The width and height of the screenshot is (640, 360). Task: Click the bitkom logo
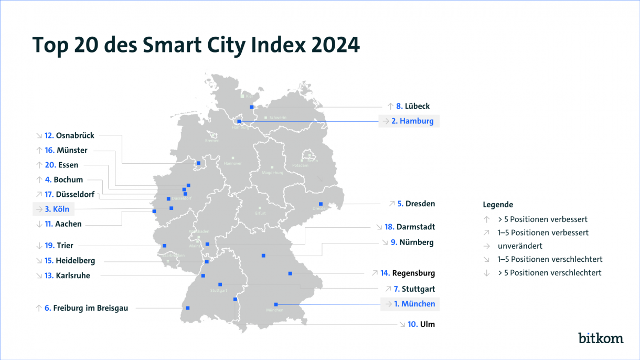[601, 338]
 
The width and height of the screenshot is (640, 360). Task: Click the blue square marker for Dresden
[321, 204]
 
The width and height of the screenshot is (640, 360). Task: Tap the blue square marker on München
[275, 304]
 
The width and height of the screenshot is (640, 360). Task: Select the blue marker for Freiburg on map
[187, 308]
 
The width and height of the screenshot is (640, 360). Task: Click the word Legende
[498, 205]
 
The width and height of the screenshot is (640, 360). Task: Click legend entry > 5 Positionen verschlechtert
[549, 273]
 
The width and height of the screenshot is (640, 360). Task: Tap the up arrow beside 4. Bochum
[39, 180]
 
